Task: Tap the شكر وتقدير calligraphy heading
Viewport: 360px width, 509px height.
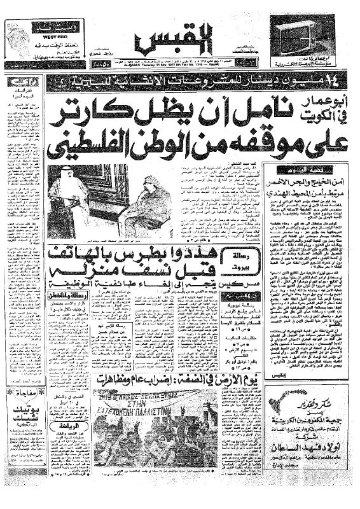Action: pos(305,401)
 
